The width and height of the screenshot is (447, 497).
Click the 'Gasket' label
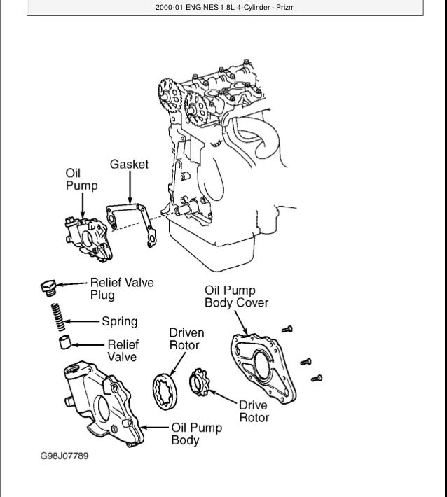pos(130,164)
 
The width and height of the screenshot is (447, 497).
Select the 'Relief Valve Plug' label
pos(121,289)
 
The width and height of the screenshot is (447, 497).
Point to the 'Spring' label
pos(120,322)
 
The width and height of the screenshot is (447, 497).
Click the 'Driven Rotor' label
pos(184,339)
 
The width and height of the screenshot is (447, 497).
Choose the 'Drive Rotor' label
pos(254,411)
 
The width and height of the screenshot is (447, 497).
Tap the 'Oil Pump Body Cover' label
pos(236,297)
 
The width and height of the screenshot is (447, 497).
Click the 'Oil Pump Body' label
pos(197,434)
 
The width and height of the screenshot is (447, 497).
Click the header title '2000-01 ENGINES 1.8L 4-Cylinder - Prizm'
pos(224,9)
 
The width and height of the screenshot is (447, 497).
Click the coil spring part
pos(60,316)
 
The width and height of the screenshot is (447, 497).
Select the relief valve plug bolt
pos(49,286)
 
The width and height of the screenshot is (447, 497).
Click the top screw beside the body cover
pos(287,329)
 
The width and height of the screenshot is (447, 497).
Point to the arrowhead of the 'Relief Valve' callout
pos(76,344)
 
